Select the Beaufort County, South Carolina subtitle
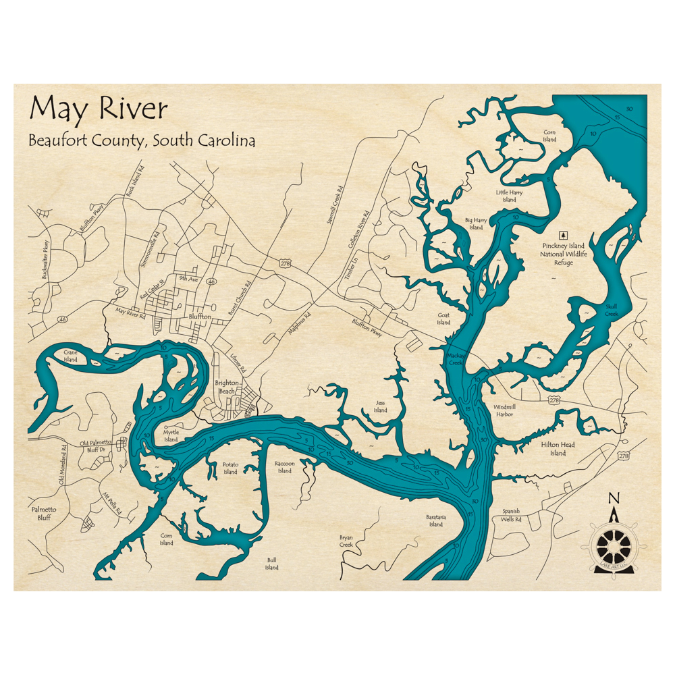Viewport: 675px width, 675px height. (x=142, y=140)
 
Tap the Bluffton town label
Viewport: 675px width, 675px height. (x=200, y=316)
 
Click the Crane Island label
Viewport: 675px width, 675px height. (x=71, y=356)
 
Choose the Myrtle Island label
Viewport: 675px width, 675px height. (x=171, y=436)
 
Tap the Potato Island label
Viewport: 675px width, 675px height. (x=230, y=468)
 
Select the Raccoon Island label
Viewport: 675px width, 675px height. (x=285, y=467)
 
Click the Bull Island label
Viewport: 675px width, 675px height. (x=271, y=563)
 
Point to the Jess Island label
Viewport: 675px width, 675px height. (x=381, y=406)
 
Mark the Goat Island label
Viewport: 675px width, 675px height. (x=443, y=319)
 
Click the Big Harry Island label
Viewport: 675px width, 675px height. (x=476, y=223)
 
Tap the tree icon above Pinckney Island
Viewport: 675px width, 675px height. (x=564, y=234)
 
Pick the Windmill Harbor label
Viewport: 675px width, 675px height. (x=504, y=410)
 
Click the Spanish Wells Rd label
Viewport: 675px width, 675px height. (x=511, y=515)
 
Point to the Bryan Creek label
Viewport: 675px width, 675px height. (x=346, y=541)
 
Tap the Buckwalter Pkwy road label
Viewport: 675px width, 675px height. (x=45, y=260)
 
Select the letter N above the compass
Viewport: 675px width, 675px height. (x=614, y=498)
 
